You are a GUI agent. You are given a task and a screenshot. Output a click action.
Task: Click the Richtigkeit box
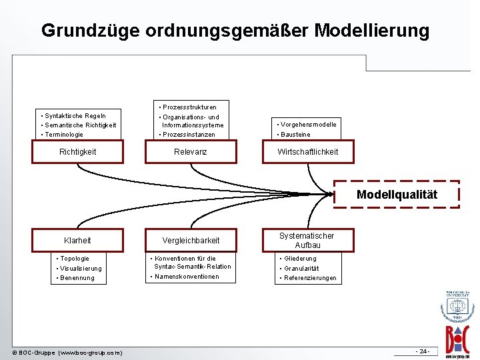point(78,152)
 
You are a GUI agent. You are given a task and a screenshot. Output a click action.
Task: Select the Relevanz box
point(191,152)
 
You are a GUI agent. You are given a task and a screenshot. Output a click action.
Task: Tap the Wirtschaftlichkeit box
point(307,152)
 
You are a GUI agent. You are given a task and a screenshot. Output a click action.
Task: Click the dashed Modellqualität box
point(397,195)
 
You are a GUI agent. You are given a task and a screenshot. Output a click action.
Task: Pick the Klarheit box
point(78,240)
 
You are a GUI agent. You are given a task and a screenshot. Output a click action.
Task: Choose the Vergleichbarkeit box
point(191,240)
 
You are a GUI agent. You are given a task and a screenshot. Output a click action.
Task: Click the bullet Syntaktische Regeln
point(74,115)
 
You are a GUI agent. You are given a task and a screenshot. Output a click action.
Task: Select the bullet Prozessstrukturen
point(189,107)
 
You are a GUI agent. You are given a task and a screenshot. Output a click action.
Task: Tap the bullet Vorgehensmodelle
point(309,125)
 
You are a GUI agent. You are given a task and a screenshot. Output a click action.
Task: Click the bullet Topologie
point(74,258)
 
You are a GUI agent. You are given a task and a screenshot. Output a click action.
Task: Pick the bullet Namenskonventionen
point(187,277)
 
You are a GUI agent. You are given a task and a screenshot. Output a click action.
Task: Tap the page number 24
point(423,351)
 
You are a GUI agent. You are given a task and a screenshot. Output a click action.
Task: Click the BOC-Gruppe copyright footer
point(67,352)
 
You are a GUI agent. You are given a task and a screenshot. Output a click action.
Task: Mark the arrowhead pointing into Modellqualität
point(331,194)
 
